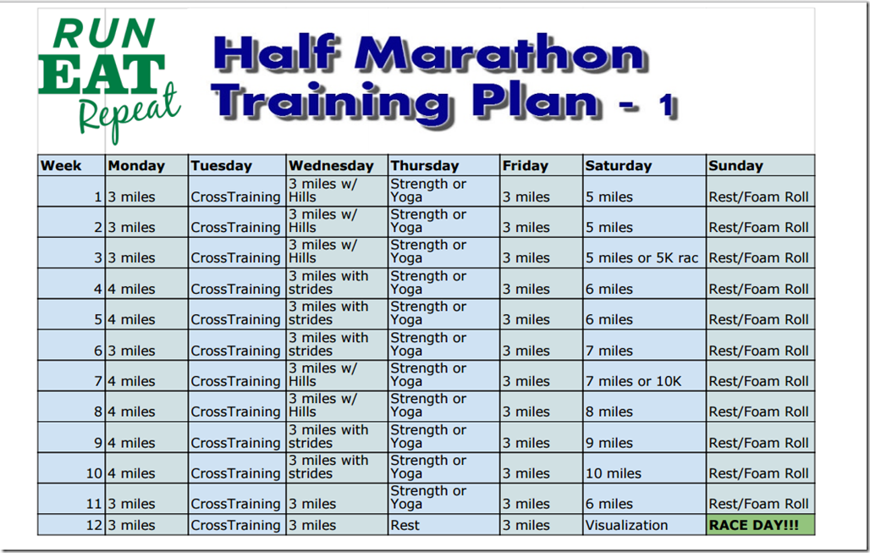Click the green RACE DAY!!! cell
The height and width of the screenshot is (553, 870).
tap(761, 525)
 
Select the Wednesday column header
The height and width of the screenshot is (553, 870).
tap(337, 165)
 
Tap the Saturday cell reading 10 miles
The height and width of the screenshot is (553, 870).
tap(644, 467)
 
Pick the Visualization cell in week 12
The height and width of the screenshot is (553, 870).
tap(644, 525)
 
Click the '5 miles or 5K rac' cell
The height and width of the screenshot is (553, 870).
tap(644, 252)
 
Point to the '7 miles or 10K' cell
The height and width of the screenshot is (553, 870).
tap(644, 375)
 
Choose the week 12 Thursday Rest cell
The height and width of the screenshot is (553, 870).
tap(443, 525)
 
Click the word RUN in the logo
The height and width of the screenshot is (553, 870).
tap(104, 34)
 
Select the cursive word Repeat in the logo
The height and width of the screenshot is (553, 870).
tap(129, 112)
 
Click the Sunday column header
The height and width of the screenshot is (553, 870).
tap(761, 165)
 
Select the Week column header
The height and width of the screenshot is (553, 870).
tap(72, 165)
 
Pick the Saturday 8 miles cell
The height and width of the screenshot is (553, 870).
tap(644, 406)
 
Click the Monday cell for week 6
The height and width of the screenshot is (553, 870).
tap(146, 345)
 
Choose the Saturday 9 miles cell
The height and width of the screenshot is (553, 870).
tap(644, 437)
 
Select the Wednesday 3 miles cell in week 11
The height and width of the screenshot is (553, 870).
tap(337, 498)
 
